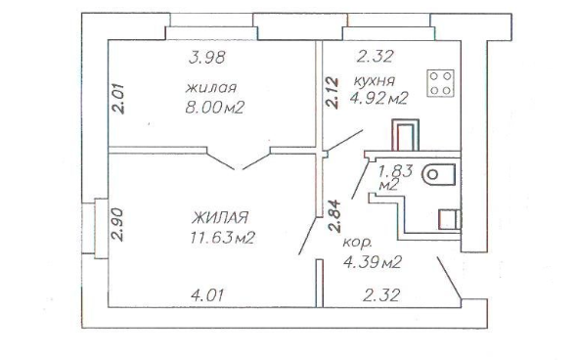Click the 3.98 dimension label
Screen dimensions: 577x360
point(206,58)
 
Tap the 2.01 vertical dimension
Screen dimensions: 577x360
point(118,99)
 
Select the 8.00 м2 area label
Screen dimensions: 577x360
point(215,108)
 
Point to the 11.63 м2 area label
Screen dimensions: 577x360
point(223,238)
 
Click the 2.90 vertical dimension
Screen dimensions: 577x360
point(117,225)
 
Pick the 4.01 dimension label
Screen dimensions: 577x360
point(207,294)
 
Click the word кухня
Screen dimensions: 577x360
point(375,80)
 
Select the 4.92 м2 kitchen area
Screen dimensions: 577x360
point(379,98)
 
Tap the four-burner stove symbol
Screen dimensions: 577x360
point(440,83)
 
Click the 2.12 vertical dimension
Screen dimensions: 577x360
point(333,92)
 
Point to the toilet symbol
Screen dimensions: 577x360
point(439,174)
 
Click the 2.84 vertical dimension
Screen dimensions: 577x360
point(334,215)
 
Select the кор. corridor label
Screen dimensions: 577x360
point(357,244)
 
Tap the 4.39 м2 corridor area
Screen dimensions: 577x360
point(373,262)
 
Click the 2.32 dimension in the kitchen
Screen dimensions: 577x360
point(376,57)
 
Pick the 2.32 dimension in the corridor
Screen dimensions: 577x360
point(381,295)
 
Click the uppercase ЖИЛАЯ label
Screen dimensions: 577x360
point(220,217)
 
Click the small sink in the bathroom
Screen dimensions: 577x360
point(449,220)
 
